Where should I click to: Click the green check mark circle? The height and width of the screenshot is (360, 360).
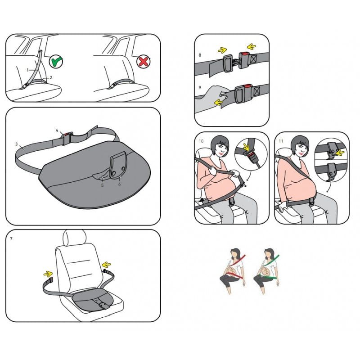click(56, 61)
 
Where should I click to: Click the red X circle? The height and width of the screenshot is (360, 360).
click(143, 61)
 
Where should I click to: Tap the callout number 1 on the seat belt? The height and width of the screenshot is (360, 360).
click(27, 70)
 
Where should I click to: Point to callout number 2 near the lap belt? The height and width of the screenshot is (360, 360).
click(51, 77)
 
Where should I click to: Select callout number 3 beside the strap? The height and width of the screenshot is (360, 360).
click(17, 144)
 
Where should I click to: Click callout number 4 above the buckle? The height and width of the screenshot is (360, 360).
click(57, 130)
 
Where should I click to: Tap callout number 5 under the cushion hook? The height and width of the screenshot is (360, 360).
click(103, 185)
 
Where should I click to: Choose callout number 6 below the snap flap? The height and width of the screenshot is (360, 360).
click(119, 184)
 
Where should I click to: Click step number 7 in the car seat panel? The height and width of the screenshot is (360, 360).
click(11, 239)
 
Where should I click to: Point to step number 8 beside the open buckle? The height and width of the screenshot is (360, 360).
click(200, 55)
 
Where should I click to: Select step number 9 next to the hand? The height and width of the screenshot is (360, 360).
click(200, 87)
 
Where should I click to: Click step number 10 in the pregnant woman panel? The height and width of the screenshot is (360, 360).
click(201, 141)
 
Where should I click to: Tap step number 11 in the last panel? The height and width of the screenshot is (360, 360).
click(281, 141)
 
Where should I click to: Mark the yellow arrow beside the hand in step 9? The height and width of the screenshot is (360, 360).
click(219, 102)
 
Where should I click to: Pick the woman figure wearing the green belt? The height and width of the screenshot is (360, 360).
click(267, 271)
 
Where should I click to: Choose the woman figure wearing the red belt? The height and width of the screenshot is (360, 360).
click(233, 271)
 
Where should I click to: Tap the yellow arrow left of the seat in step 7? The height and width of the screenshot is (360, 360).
click(48, 274)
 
